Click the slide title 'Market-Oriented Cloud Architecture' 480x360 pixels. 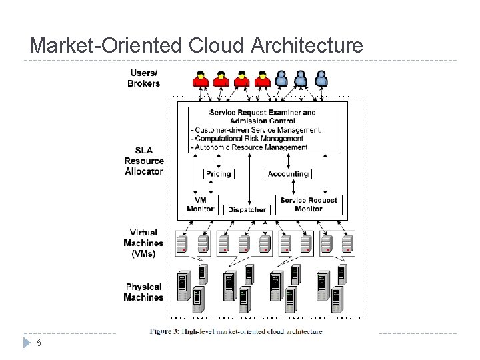197,45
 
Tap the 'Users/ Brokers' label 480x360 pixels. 144,78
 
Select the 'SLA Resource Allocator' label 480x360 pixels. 143,161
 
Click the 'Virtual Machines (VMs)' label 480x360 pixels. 143,243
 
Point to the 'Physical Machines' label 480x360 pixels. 143,292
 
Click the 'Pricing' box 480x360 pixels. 218,173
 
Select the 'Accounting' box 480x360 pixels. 288,173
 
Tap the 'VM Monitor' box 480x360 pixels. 200,204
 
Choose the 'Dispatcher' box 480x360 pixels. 247,209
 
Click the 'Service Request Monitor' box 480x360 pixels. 309,204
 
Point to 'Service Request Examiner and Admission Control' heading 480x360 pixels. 263,116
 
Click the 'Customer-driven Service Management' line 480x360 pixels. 256,130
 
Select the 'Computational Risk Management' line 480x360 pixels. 248,139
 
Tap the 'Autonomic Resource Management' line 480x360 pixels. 250,147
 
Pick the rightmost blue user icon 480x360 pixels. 321,79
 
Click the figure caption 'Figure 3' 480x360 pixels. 237,331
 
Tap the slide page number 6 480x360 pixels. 39,343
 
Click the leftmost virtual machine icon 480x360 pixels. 182,243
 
